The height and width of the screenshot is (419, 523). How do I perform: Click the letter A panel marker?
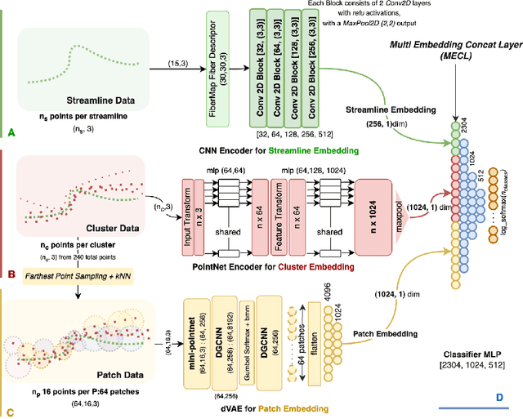click(x=10, y=131)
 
